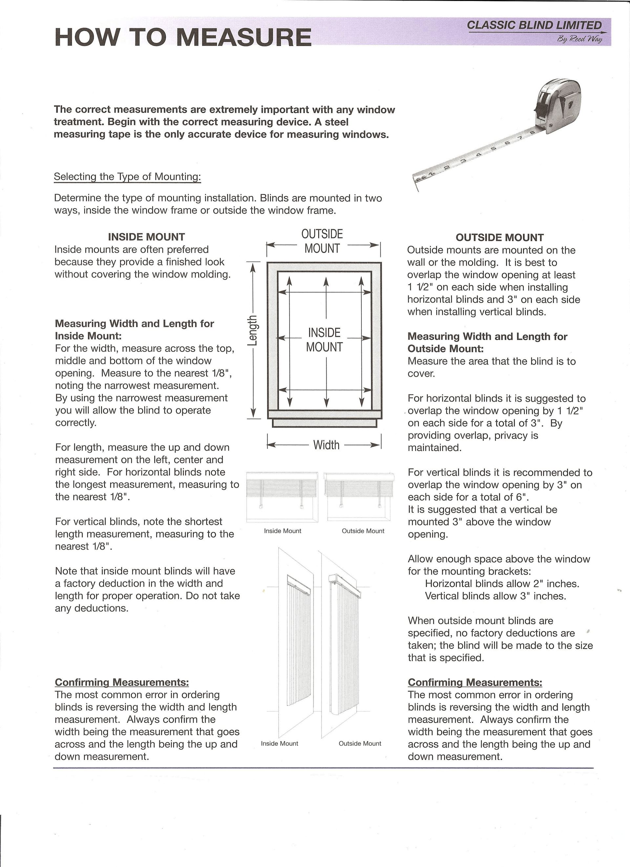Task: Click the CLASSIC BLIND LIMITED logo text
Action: [x=534, y=25]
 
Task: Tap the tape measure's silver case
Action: [x=560, y=105]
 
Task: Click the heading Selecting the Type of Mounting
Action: [x=127, y=177]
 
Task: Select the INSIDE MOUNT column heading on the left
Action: [x=146, y=237]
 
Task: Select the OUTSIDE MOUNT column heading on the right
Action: [x=499, y=237]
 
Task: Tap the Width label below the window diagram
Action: [x=326, y=445]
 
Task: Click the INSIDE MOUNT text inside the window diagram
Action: [x=325, y=339]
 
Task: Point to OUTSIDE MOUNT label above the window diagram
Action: [x=322, y=241]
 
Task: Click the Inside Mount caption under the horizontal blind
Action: [x=282, y=531]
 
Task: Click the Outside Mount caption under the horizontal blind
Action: [x=363, y=531]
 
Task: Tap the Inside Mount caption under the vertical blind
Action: [x=279, y=744]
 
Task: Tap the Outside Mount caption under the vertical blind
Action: [x=360, y=744]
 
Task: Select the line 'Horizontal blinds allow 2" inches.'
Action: [x=502, y=584]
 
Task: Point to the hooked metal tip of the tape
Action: [x=416, y=184]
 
